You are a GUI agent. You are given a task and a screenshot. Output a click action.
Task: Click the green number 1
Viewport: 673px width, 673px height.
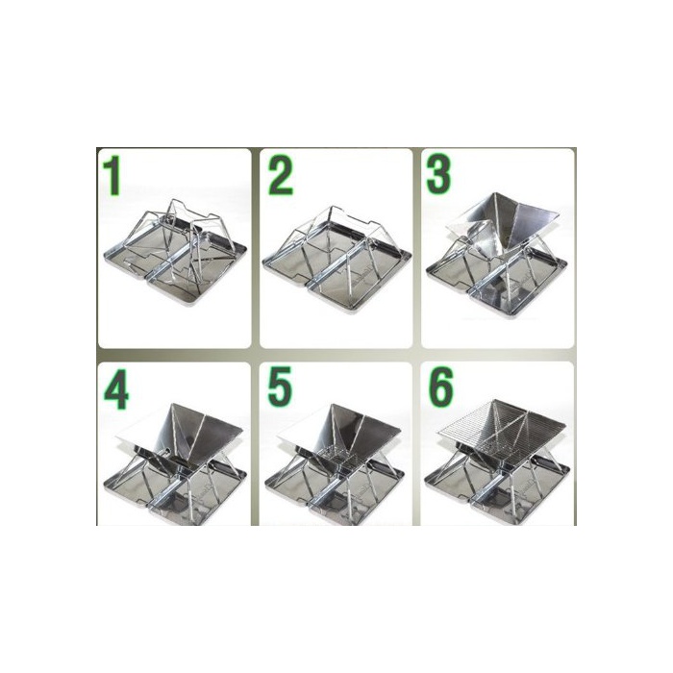(x=112, y=175)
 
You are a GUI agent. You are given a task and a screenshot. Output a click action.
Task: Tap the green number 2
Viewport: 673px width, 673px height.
(x=281, y=175)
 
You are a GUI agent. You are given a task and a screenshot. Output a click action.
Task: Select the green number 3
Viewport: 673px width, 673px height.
(x=438, y=173)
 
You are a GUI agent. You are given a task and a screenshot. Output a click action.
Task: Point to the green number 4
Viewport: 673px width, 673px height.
(x=116, y=388)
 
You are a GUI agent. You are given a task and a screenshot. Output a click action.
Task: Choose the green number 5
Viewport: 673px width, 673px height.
(x=280, y=386)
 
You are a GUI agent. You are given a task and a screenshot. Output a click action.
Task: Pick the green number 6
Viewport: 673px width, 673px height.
(x=440, y=386)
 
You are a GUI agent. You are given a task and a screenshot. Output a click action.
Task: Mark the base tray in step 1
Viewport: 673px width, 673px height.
(x=176, y=275)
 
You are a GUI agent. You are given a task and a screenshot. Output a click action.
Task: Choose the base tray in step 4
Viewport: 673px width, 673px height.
(x=176, y=493)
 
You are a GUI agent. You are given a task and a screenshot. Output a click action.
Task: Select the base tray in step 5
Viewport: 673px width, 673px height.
(x=335, y=493)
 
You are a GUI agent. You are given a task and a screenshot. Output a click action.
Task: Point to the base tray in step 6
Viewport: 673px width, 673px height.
(x=498, y=493)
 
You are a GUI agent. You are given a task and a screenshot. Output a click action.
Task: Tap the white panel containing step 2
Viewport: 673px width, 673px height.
(x=336, y=248)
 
